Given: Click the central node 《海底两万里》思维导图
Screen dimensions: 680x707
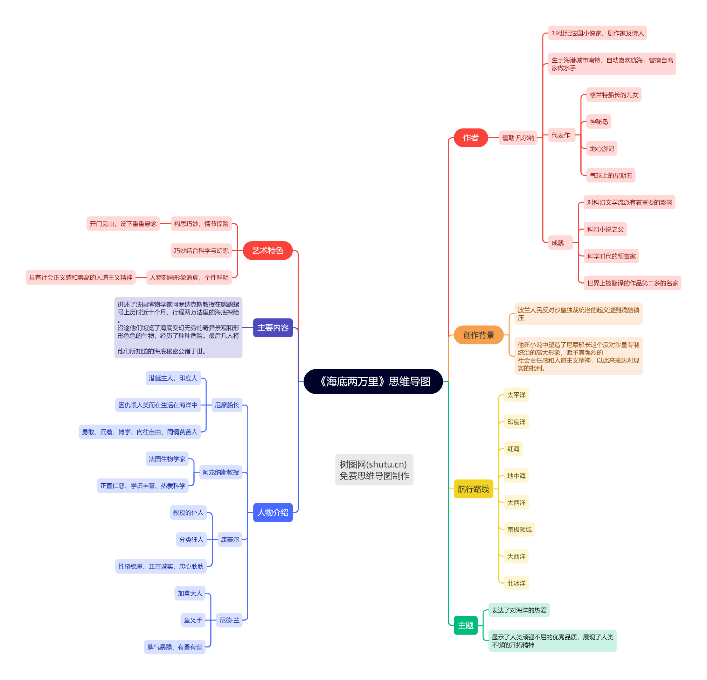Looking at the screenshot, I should (373, 381).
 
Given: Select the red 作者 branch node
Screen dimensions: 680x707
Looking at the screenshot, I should (470, 138).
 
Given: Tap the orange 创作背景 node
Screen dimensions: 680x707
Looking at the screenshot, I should (478, 335).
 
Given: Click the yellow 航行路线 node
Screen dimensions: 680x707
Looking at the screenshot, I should (473, 489).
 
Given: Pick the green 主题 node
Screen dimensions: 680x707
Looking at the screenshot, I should (465, 625).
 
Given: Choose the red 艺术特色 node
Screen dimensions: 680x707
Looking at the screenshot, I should (267, 250).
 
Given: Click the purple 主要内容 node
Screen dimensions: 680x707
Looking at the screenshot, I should (273, 327).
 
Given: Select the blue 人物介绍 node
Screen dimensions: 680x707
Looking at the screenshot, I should (273, 512).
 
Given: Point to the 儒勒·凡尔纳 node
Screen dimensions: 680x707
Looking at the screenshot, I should (518, 138).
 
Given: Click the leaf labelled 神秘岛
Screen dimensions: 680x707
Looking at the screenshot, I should (598, 121).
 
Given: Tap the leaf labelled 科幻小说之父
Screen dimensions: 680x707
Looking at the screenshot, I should (605, 229).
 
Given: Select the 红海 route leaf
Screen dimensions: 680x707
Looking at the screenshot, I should (513, 449).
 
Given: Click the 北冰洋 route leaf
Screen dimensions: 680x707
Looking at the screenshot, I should (516, 583).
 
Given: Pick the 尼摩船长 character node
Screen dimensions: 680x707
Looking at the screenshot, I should (227, 405).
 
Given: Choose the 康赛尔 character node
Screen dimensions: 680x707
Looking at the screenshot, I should (230, 539).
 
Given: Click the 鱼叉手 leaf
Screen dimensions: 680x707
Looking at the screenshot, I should (193, 620).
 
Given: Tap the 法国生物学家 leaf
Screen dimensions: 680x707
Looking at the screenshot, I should (167, 458).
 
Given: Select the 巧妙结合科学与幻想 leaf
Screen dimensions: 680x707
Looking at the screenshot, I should (201, 250).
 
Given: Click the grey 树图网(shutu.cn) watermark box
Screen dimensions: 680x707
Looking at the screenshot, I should (374, 470).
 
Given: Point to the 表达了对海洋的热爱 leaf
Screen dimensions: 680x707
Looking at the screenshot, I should (519, 610).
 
